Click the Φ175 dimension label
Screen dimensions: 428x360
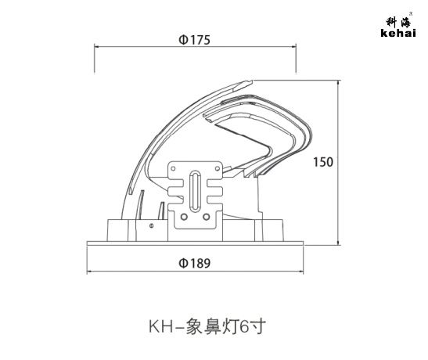194,40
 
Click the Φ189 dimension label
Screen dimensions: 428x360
194,263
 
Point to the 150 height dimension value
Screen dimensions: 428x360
323,162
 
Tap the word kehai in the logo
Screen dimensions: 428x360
398,33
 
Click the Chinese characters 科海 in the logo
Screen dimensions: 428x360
398,22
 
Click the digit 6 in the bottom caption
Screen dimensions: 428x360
244,326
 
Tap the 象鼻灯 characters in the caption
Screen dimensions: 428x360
212,326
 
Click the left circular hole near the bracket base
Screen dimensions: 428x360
184,217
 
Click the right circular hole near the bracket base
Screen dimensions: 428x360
207,217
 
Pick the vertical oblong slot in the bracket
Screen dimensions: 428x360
195,191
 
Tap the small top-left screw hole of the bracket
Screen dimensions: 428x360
173,168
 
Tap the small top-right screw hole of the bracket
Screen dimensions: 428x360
218,168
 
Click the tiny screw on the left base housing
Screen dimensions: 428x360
152,225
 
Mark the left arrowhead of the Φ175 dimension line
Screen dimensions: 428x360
96,47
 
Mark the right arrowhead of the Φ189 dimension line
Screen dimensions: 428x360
301,272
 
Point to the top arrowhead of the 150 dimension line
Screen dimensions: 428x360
339,82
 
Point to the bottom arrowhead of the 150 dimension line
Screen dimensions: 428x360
339,243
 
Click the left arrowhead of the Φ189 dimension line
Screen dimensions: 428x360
89,272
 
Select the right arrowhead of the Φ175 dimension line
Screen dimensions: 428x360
294,47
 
